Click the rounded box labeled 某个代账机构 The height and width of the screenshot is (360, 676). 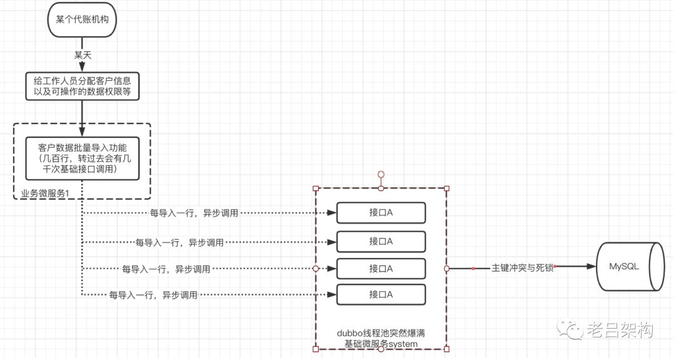pyautogui.click(x=82, y=20)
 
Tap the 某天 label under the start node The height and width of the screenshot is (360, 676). pyautogui.click(x=83, y=55)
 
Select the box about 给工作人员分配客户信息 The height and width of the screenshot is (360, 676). pyautogui.click(x=82, y=86)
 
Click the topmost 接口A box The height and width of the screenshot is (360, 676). pyautogui.click(x=381, y=213)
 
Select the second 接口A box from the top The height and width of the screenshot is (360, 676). pyautogui.click(x=381, y=241)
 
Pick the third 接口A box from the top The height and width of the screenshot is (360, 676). pyautogui.click(x=381, y=269)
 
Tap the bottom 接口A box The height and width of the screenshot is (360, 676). pyautogui.click(x=381, y=294)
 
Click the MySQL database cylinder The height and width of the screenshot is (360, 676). pyautogui.click(x=628, y=267)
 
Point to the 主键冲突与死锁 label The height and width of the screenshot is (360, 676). pyautogui.click(x=522, y=268)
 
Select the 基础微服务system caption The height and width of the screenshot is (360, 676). pyautogui.click(x=381, y=343)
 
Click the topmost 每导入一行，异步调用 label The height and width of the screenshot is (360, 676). pyautogui.click(x=194, y=213)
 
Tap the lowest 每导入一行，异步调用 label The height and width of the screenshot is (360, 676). pyautogui.click(x=153, y=294)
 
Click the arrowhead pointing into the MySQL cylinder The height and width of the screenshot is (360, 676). pyautogui.click(x=591, y=267)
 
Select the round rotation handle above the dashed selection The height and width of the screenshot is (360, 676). pyautogui.click(x=381, y=174)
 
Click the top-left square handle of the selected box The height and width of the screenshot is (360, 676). pyautogui.click(x=315, y=188)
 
